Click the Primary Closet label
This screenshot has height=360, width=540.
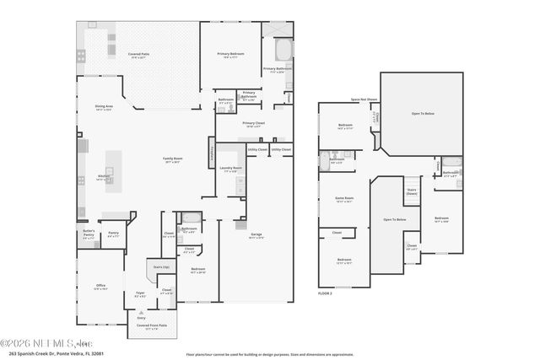click(x=254, y=123)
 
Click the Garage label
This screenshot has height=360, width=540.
click(x=255, y=235)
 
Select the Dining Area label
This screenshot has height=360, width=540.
click(x=105, y=106)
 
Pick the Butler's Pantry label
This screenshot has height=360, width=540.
click(x=89, y=235)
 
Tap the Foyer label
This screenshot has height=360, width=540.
click(x=140, y=294)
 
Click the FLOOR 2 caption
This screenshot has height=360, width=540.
click(x=326, y=293)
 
